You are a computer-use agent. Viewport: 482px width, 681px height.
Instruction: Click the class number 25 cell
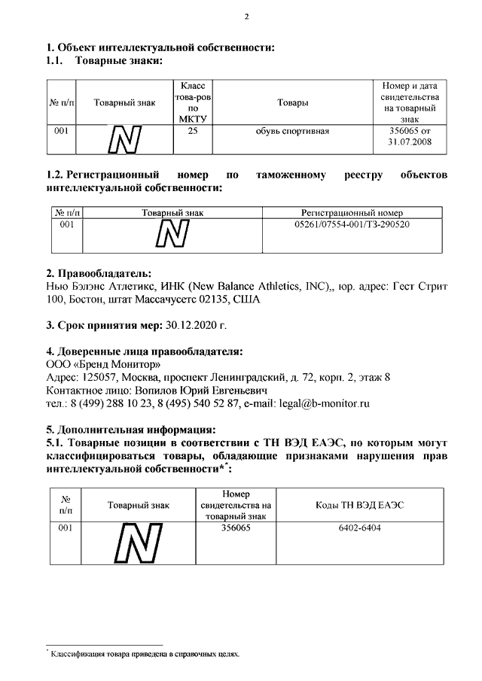point(193,131)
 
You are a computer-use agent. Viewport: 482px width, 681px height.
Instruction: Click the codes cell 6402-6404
point(359,529)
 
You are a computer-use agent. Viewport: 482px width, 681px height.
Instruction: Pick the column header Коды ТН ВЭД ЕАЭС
point(359,505)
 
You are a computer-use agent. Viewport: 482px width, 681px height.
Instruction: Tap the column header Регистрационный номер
point(352,213)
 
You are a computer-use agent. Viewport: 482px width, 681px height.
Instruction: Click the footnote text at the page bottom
point(145,654)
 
